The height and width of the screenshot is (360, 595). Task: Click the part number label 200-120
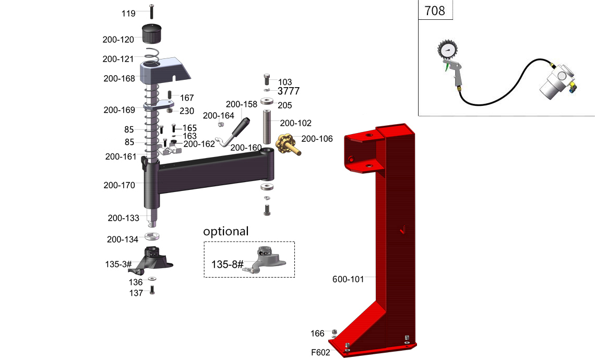point(118,39)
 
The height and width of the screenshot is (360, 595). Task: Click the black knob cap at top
point(152,34)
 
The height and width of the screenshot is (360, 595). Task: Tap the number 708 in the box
point(435,10)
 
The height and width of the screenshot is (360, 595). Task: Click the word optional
point(226,231)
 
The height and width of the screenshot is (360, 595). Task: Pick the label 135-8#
point(228,265)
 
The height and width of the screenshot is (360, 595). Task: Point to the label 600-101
point(348,279)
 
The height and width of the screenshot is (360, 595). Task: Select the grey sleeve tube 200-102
point(267,127)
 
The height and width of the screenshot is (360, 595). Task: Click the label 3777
point(288,91)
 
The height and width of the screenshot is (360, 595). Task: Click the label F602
point(320,352)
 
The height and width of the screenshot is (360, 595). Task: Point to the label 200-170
point(119,185)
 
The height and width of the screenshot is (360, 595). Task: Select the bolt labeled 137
point(152,290)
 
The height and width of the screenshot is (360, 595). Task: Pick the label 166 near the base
point(317,333)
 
